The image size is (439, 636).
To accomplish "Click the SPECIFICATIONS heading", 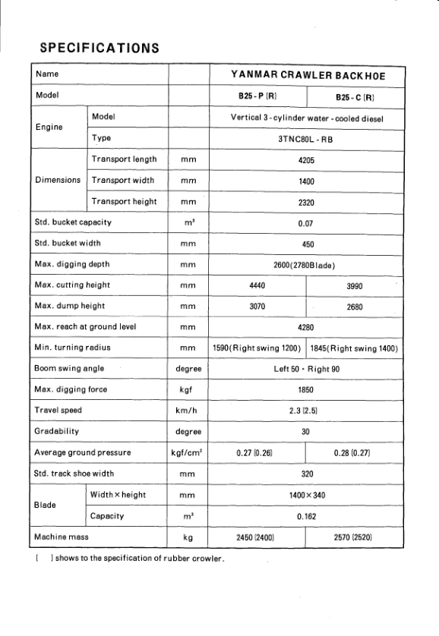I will point(99,48).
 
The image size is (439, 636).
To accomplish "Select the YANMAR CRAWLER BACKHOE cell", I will point(307,74).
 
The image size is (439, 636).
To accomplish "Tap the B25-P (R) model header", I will point(257,97).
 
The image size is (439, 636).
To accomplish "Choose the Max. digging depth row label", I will point(71,265).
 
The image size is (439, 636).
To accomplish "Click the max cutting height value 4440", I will point(257,285).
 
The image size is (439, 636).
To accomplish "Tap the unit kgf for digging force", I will point(188,390).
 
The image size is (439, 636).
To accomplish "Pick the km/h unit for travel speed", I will point(188,411).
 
